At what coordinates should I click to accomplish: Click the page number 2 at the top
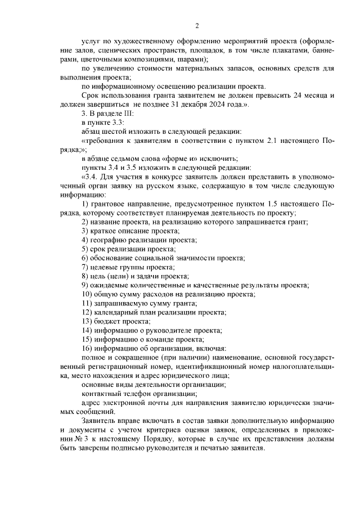point(197,25)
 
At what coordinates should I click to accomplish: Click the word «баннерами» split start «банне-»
point(322,51)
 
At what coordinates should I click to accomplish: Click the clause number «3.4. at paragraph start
point(91,175)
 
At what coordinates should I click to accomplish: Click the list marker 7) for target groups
point(85,267)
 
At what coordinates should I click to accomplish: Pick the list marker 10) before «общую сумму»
point(87,294)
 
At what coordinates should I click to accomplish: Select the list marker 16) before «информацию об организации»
point(87,348)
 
